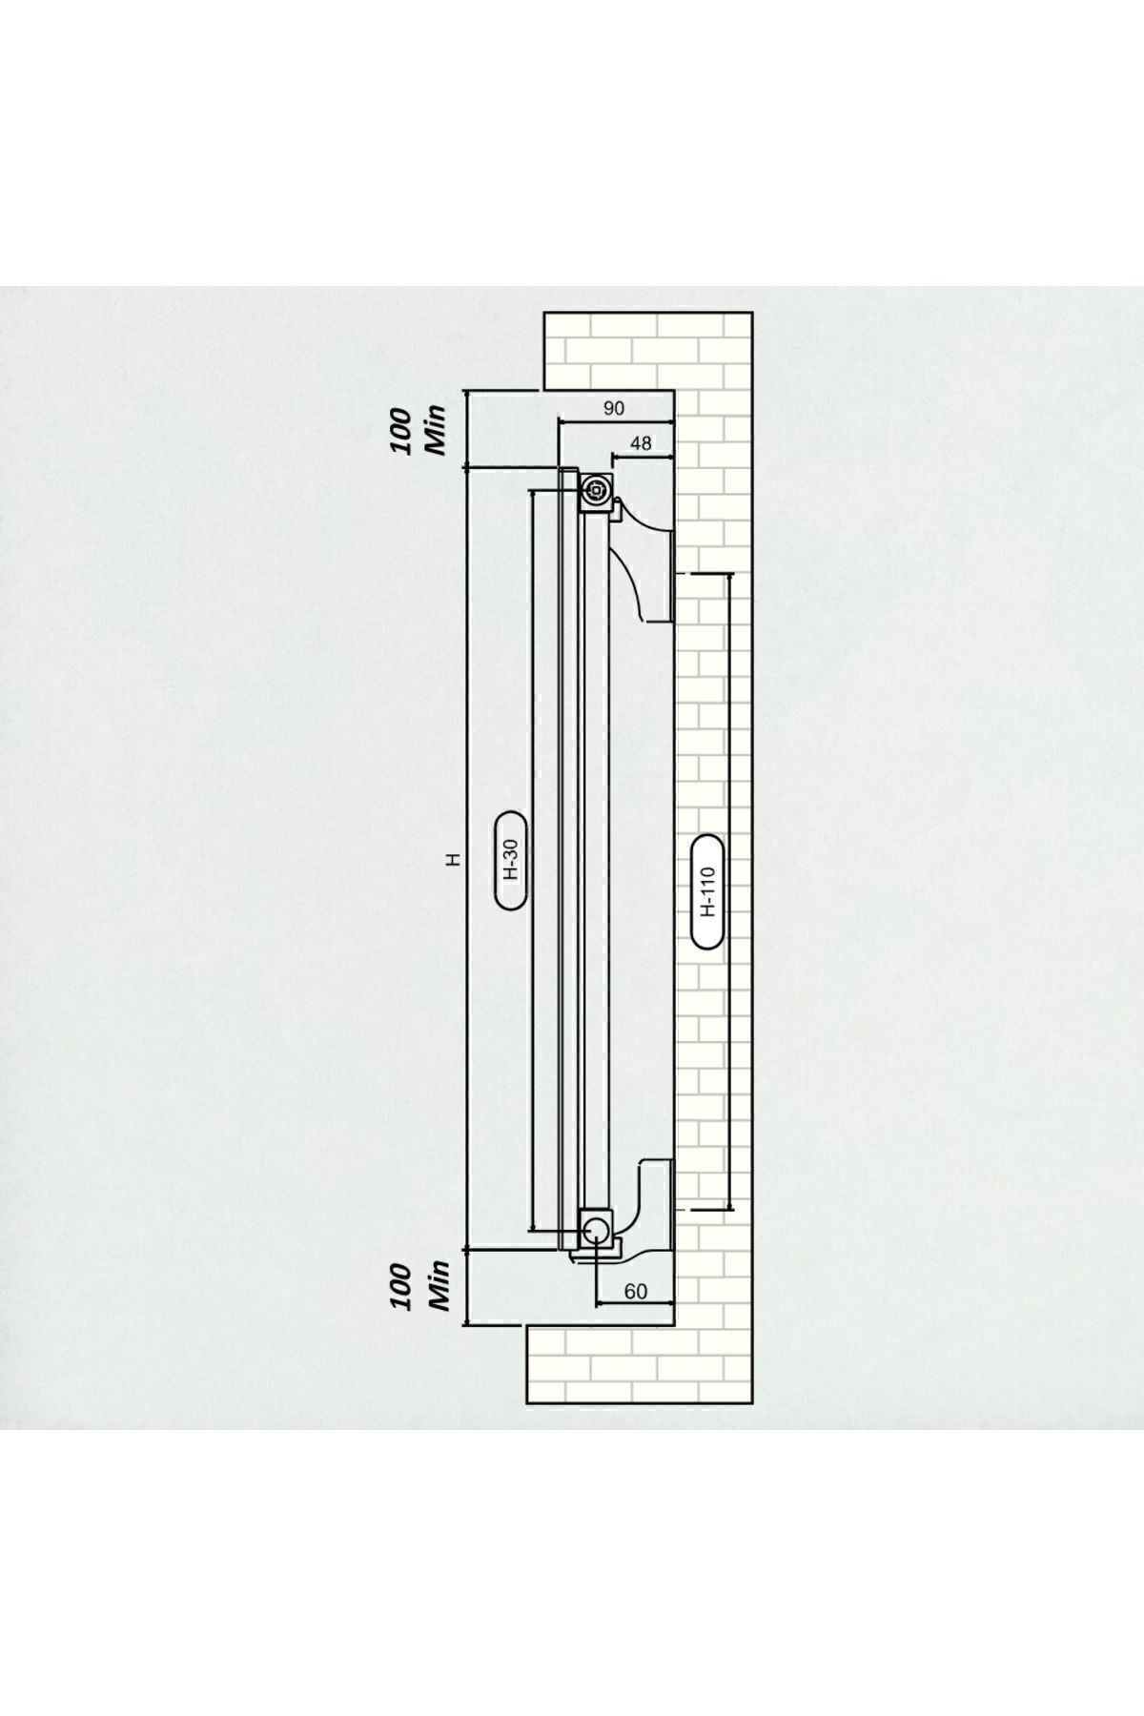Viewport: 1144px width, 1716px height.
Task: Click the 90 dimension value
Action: click(x=614, y=408)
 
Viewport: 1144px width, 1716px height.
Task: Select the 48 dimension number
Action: click(x=642, y=443)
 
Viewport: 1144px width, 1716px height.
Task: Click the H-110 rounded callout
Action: click(x=707, y=890)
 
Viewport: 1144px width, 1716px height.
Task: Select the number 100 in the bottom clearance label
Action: click(x=401, y=1288)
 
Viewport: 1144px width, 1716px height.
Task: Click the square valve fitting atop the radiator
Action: click(x=597, y=491)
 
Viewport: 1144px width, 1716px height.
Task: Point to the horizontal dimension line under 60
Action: click(x=635, y=1304)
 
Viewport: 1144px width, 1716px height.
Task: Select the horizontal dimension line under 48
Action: click(x=643, y=457)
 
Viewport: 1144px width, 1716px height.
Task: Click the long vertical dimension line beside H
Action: click(x=467, y=857)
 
